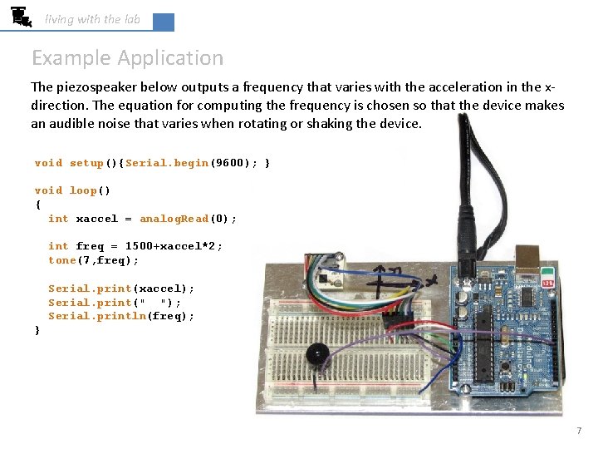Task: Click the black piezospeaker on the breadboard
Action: pos(316,354)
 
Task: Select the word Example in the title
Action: pos(71,58)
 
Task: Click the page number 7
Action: pos(579,431)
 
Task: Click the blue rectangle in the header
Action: pos(164,22)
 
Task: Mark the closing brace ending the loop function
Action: pos(37,330)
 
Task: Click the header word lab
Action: pos(132,19)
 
